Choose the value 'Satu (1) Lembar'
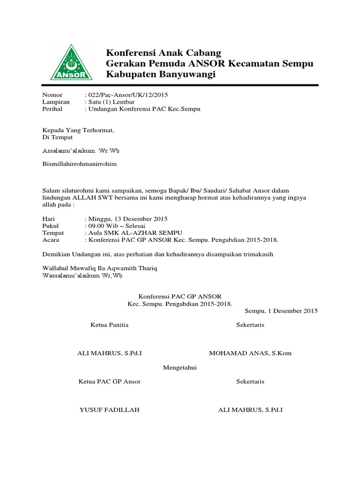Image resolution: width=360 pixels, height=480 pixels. point(111,102)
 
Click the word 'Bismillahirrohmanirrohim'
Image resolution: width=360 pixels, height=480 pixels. point(80,164)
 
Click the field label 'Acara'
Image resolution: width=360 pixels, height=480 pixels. point(51,240)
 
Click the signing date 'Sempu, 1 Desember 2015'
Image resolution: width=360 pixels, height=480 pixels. point(281,310)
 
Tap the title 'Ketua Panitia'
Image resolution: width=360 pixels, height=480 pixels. point(109,325)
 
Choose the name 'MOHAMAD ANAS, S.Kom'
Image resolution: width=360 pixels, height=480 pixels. point(250,353)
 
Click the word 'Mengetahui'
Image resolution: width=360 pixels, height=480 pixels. point(180,367)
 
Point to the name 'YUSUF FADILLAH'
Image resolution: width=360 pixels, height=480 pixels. point(109,410)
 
